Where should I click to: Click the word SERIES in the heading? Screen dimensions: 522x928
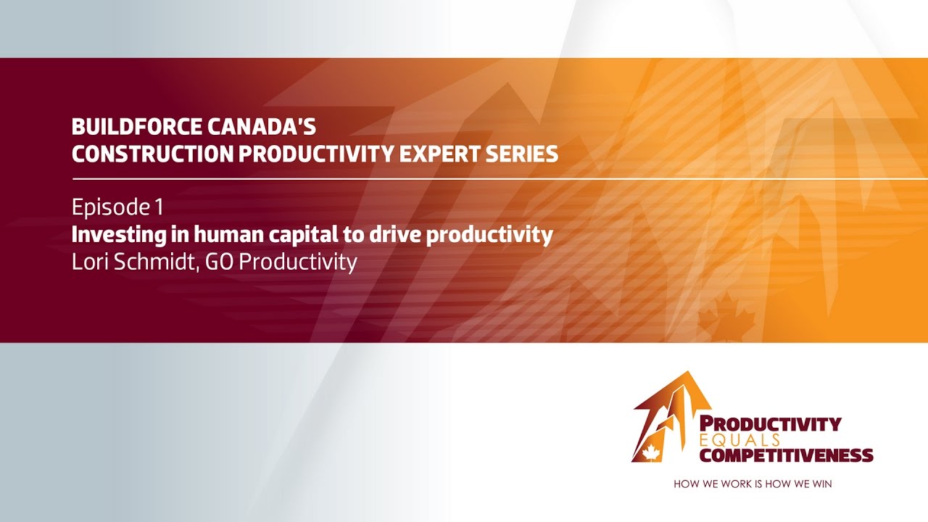pyautogui.click(x=525, y=154)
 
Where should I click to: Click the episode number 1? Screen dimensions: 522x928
pyautogui.click(x=158, y=208)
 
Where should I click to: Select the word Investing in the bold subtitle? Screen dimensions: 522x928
pyautogui.click(x=111, y=236)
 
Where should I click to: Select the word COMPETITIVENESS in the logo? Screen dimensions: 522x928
pyautogui.click(x=786, y=455)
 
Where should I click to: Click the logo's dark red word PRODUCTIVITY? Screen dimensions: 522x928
pyautogui.click(x=771, y=424)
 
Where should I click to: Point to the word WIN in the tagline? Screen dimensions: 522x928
pyautogui.click(x=821, y=484)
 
